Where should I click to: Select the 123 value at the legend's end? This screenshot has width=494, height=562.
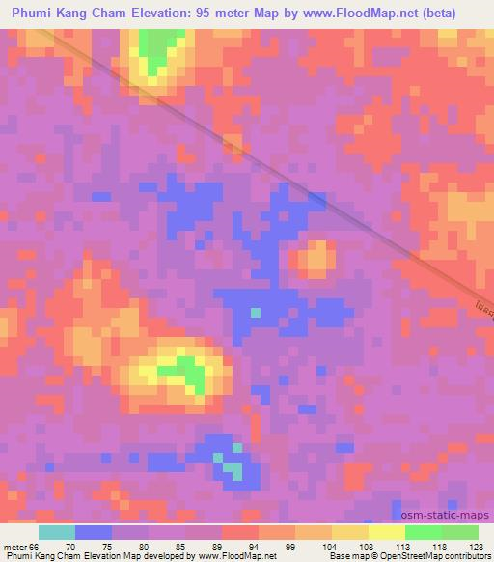click(x=477, y=546)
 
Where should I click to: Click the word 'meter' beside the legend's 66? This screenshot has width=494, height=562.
click(x=14, y=546)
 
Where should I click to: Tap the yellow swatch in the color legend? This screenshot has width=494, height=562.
click(x=386, y=532)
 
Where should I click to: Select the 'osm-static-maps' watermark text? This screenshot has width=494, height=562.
click(x=453, y=517)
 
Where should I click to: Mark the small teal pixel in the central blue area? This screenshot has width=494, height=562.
click(x=255, y=313)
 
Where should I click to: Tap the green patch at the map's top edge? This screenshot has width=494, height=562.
click(x=159, y=43)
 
